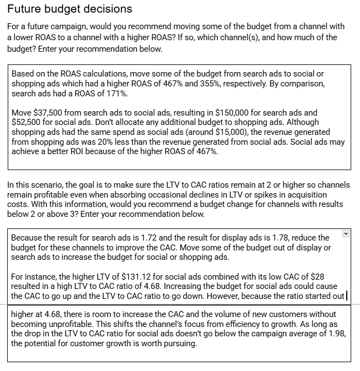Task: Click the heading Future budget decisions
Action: click(x=69, y=9)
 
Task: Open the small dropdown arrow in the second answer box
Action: click(x=346, y=234)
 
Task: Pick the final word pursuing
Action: click(x=177, y=344)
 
